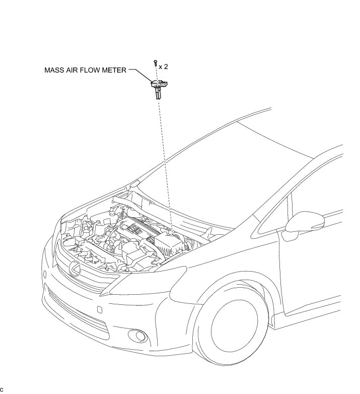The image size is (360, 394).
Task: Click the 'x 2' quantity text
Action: click(164, 67)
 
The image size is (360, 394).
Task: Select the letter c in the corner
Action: click(2, 389)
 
